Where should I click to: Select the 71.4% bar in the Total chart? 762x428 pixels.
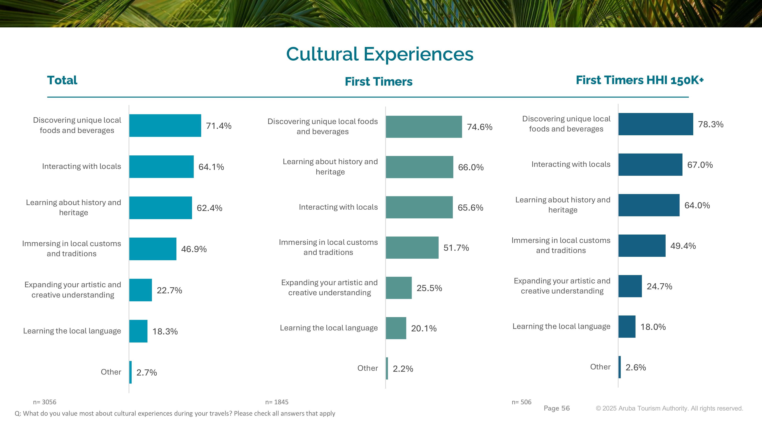point(165,126)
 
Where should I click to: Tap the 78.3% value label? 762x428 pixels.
point(711,124)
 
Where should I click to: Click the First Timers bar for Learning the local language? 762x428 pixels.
point(396,328)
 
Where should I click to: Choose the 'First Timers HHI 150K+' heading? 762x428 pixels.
point(640,80)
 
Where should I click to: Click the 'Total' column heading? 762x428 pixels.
point(62,80)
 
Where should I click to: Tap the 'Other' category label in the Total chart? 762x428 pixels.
point(111,372)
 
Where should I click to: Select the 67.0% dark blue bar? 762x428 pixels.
point(650,165)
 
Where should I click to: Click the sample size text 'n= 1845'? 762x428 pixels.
point(277,402)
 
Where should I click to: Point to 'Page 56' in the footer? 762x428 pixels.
point(556,408)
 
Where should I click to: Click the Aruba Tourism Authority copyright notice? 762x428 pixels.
point(669,408)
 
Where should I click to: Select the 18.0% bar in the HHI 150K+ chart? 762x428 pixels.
point(627,326)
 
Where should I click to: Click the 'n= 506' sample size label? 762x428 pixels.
point(522,402)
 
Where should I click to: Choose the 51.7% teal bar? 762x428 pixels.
point(412,247)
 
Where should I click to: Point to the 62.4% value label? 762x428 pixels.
point(209,208)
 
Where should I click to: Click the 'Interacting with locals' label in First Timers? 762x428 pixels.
point(338,207)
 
